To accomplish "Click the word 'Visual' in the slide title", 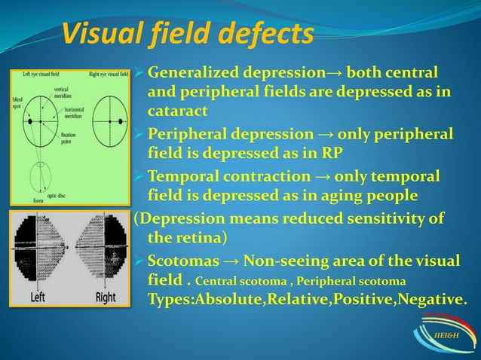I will [102, 34].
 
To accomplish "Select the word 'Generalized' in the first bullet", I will [191, 75].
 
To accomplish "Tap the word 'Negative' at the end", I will [434, 299].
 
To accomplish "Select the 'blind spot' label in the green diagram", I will [16, 102].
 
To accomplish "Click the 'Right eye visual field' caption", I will [108, 75].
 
